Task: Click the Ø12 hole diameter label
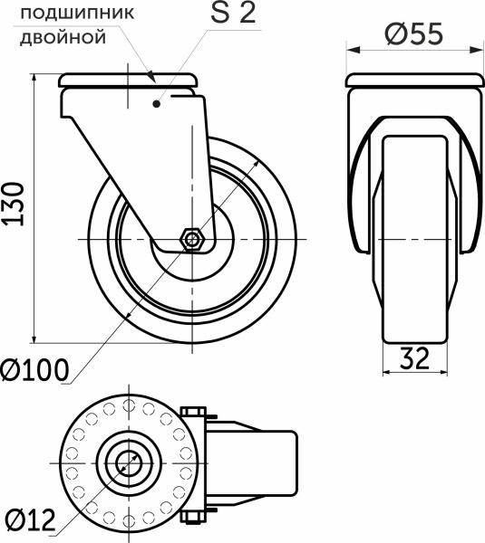[30, 520]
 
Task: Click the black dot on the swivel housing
[158, 105]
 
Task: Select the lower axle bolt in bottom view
[195, 517]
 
